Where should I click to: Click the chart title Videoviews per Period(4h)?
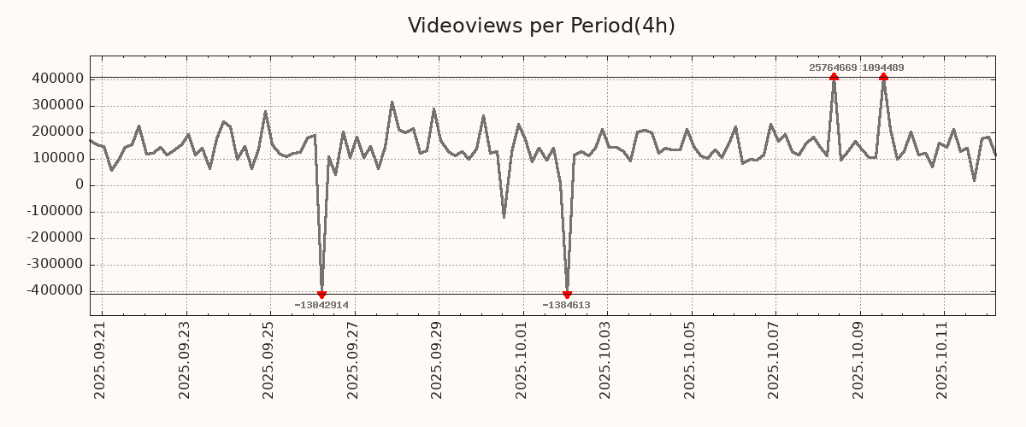click(x=541, y=26)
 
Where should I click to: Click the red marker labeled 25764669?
click(x=834, y=77)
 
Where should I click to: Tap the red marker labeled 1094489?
click(x=883, y=77)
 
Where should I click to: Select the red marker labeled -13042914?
click(x=321, y=295)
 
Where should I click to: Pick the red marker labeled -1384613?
click(x=567, y=295)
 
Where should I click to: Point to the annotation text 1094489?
click(x=883, y=67)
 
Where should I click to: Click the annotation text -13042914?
click(x=321, y=305)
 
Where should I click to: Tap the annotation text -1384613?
click(x=566, y=305)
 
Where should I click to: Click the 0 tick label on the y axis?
click(x=79, y=184)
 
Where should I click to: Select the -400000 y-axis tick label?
click(x=54, y=290)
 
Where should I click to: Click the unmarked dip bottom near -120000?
click(x=504, y=217)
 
